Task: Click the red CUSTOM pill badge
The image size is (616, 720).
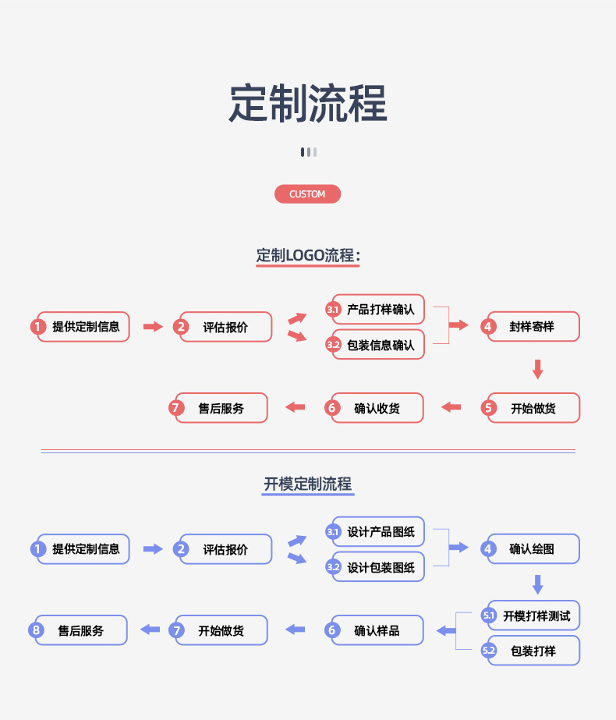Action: (x=307, y=194)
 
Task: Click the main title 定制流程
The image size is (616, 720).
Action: (x=308, y=104)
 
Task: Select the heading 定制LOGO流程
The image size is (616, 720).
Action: (x=308, y=255)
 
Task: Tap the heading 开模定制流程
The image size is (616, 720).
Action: (x=308, y=484)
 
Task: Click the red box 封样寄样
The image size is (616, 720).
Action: (x=533, y=327)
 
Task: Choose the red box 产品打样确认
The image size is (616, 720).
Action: (x=380, y=310)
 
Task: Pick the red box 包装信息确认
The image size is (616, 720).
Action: (x=380, y=345)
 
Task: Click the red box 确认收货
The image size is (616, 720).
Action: (x=377, y=408)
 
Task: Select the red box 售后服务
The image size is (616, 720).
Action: (x=221, y=408)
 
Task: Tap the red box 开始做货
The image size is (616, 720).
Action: (x=533, y=408)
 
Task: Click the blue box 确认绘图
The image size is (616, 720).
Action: (x=533, y=549)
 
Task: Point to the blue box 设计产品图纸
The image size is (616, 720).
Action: (x=380, y=532)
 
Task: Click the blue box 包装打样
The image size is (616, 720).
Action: (x=533, y=651)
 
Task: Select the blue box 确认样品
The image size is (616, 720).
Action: (x=377, y=630)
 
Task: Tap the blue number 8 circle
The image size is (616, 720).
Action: (x=36, y=630)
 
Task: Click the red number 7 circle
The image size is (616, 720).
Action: (x=176, y=408)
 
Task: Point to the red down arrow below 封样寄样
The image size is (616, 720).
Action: (x=537, y=368)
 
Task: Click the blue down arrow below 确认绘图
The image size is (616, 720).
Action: (x=537, y=584)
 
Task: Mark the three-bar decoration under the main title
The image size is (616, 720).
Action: (x=308, y=152)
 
